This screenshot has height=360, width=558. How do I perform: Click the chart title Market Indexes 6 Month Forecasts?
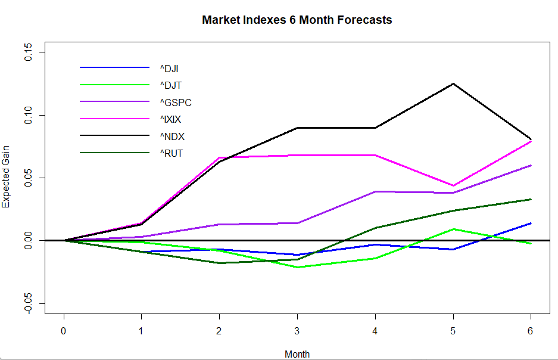(297, 20)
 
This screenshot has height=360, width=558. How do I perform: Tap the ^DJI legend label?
(169, 68)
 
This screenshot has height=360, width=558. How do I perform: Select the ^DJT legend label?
(170, 85)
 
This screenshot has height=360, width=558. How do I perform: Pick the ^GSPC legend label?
(175, 103)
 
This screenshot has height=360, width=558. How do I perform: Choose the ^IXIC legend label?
(170, 119)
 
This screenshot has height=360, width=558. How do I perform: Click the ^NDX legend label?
(172, 136)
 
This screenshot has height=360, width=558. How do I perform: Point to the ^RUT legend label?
(171, 153)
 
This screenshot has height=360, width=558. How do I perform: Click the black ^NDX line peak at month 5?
(453, 83)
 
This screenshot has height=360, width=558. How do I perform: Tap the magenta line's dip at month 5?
(453, 185)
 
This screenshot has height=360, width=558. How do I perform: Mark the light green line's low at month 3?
(297, 267)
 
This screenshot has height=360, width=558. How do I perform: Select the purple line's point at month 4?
(375, 191)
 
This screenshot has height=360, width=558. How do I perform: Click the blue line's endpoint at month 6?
(531, 223)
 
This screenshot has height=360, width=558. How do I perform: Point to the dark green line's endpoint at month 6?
(531, 199)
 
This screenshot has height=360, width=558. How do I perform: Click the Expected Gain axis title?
(7, 178)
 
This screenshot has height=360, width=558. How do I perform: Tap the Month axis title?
(297, 354)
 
